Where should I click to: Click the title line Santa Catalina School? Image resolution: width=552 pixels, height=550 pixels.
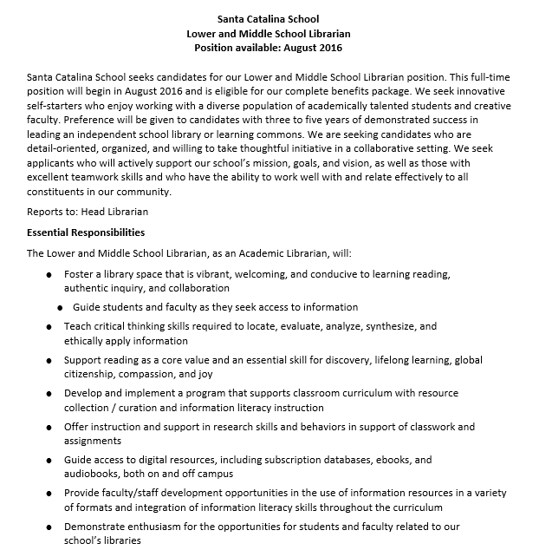click(276, 18)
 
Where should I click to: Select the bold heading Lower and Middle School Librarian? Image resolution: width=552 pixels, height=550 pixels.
click(276, 33)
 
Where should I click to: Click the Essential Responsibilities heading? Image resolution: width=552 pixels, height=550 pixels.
click(86, 232)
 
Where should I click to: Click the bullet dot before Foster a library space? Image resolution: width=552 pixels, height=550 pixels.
click(49, 274)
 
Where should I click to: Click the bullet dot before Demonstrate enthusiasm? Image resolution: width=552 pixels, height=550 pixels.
click(49, 526)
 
